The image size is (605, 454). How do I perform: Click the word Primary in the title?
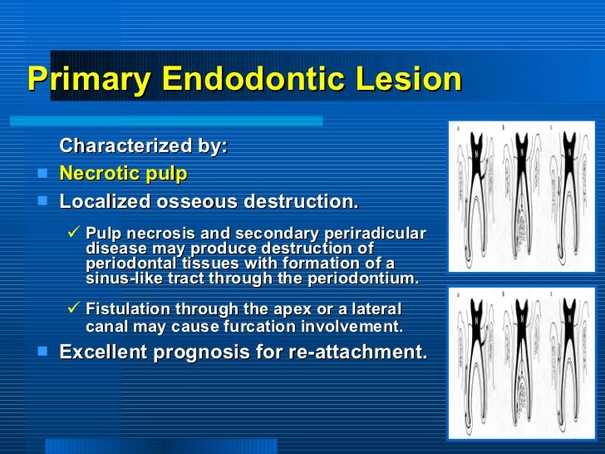click(x=89, y=80)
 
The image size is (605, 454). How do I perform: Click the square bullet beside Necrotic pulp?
click(x=42, y=175)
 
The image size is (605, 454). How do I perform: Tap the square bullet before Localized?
click(x=42, y=202)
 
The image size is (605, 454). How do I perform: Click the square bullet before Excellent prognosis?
click(x=42, y=353)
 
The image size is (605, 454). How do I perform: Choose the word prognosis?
click(x=206, y=353)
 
